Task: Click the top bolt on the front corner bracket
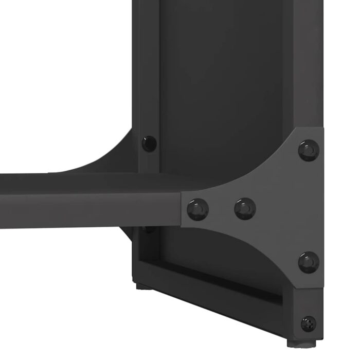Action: coord(309,150)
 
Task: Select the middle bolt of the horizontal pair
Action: coord(245,208)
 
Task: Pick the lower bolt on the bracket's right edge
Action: coord(309,262)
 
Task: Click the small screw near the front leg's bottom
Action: coord(309,323)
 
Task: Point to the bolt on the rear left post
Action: coord(149,142)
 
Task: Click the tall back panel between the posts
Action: coord(221,77)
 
